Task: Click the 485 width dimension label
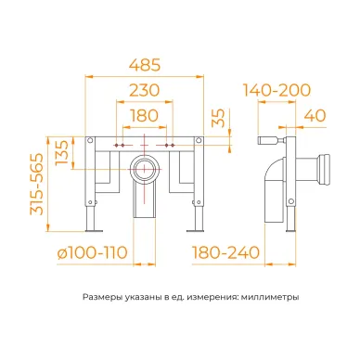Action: pos(145,65)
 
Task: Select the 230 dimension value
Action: pos(144,90)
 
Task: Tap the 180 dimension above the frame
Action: pos(144,115)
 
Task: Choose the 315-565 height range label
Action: pos(36,185)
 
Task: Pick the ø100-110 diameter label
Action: pos(93,252)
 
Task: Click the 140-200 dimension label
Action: pos(276,90)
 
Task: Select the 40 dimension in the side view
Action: pos(315,116)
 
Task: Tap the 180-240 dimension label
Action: pos(225,252)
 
